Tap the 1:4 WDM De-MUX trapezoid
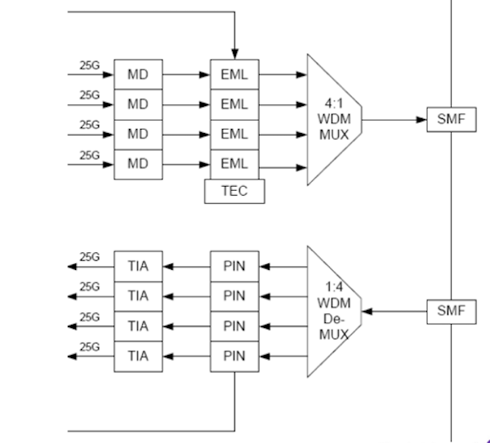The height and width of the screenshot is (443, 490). [x=332, y=311]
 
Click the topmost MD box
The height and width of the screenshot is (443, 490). [x=138, y=74]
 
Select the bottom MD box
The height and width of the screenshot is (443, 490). [x=138, y=164]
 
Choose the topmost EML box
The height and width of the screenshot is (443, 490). [x=234, y=74]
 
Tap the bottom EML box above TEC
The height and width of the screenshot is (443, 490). [x=234, y=164]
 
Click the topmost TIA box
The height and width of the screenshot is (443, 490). [x=138, y=266]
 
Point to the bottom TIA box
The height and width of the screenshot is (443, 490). [x=138, y=356]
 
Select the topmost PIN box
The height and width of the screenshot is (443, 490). [x=234, y=266]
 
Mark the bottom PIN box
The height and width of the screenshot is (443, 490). [x=234, y=356]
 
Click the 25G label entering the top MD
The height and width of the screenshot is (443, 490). [x=89, y=64]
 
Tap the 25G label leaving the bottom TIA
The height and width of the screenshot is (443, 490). [x=89, y=346]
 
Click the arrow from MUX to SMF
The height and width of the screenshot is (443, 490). [x=395, y=119]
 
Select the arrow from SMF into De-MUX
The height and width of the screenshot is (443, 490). [x=395, y=311]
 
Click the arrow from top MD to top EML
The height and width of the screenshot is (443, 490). [x=186, y=74]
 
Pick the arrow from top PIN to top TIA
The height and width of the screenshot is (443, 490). [x=186, y=266]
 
